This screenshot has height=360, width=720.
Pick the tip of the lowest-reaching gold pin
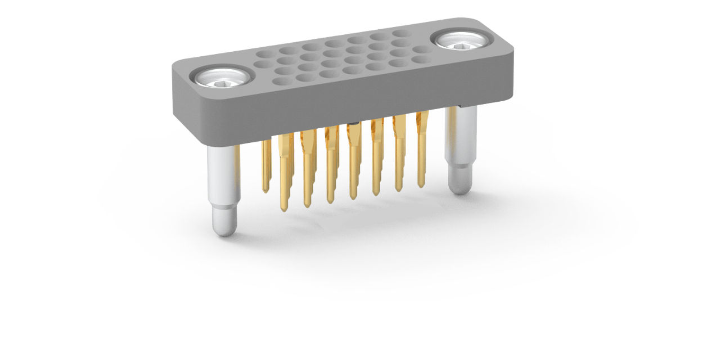284,209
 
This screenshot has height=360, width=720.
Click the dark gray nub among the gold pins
353,123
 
